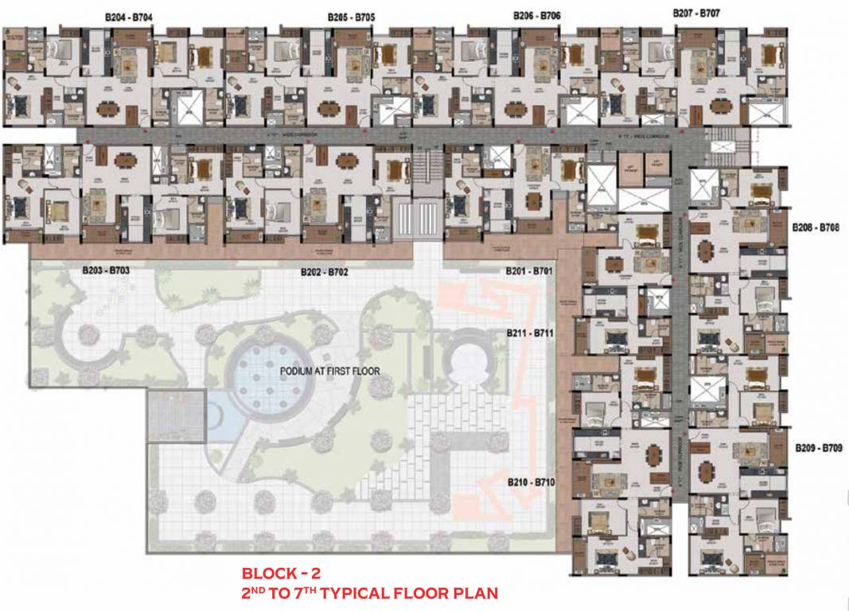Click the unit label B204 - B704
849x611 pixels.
[129, 17]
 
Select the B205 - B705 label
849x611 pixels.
[351, 17]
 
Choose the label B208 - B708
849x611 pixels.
[816, 228]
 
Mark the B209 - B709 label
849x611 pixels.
[818, 449]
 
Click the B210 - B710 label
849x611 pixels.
[531, 482]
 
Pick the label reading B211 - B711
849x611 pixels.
[529, 332]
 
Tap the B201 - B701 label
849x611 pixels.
[529, 271]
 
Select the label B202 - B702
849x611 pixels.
[325, 272]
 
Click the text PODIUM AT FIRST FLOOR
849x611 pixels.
[329, 372]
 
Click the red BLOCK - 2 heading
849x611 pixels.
[281, 573]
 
